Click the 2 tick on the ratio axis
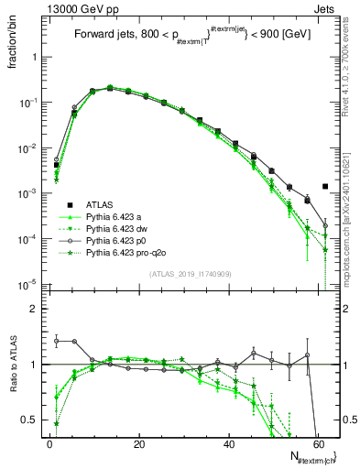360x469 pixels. click(33, 310)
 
